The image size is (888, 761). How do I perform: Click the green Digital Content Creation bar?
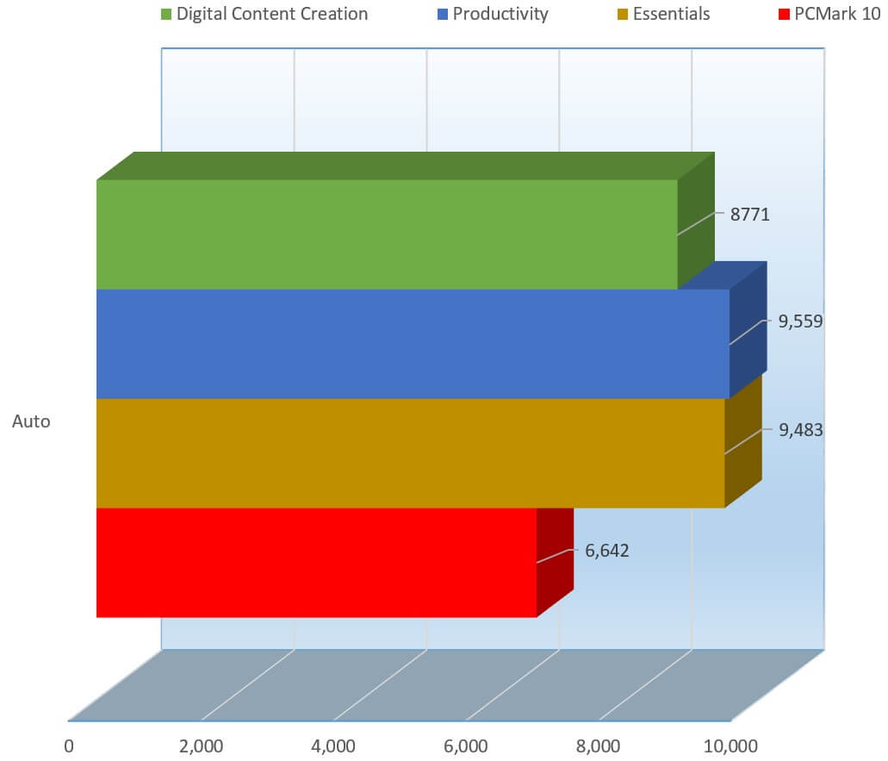(x=388, y=234)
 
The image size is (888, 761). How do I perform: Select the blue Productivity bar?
(x=413, y=344)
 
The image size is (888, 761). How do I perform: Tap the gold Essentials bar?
(x=410, y=452)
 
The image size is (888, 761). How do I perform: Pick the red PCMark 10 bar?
(x=316, y=562)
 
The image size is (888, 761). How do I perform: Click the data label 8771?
(x=749, y=215)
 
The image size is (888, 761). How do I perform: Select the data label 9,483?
(x=801, y=430)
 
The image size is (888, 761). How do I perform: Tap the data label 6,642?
(x=607, y=551)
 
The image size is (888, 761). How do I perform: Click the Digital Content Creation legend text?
(x=272, y=14)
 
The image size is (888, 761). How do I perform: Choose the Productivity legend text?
(x=500, y=14)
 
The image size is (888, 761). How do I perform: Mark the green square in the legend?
(x=165, y=15)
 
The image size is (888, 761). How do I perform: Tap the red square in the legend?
(x=783, y=15)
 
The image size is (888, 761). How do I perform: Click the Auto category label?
(x=31, y=422)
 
